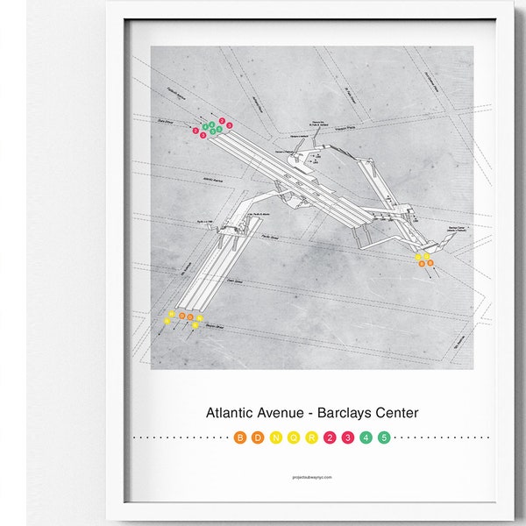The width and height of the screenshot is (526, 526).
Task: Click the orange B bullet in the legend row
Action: point(240,437)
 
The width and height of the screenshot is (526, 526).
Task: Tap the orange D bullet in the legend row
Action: point(258,437)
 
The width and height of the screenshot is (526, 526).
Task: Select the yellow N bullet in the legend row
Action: point(275,437)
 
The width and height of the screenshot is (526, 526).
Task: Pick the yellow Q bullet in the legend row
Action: point(294,437)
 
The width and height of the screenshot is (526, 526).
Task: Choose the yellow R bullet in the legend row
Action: point(311,437)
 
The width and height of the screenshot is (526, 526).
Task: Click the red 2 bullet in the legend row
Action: point(330,437)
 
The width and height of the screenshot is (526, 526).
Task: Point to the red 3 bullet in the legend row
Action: point(347,437)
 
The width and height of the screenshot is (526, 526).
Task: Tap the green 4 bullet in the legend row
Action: point(366,437)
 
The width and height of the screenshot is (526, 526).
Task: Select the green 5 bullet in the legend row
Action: point(383,437)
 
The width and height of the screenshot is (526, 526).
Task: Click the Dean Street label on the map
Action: point(234,281)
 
